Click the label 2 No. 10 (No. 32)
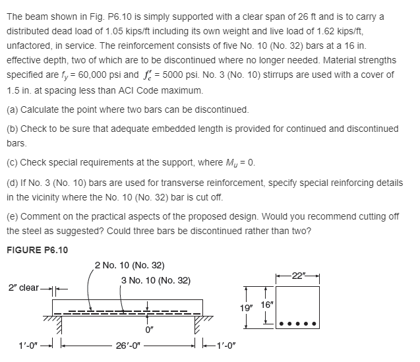pos(130,266)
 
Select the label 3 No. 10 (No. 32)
pos(156,281)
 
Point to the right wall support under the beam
pos(198,328)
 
